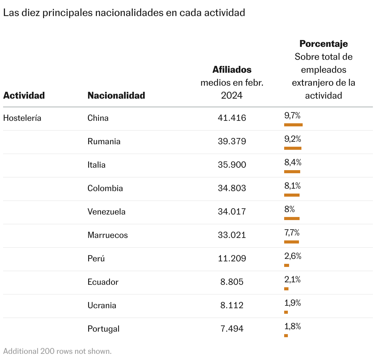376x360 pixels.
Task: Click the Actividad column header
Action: pos(24,96)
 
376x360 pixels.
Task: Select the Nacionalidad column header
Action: pos(116,96)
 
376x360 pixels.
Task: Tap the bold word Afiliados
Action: pos(232,70)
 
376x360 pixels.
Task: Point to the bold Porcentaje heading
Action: pos(324,44)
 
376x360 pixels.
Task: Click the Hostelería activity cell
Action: pos(22,118)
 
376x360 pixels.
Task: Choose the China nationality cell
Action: pos(98,118)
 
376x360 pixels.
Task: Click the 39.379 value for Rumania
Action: pos(232,141)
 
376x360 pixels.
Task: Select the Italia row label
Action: pos(96,165)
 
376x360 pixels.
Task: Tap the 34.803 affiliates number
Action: pos(232,188)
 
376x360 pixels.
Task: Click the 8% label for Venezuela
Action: pos(289,210)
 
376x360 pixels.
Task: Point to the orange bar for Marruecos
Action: pos(292,242)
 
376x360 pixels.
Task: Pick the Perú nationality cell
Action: pos(96,259)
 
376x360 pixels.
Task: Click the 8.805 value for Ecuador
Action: pos(232,282)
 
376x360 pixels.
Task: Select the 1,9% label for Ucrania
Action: pos(292,303)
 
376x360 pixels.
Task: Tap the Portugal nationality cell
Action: pos(103,329)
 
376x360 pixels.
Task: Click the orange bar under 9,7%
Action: pos(293,125)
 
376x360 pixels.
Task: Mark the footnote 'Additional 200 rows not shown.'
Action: pos(57,351)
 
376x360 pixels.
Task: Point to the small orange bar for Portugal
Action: pos(286,336)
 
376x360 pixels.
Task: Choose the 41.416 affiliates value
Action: pos(232,118)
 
